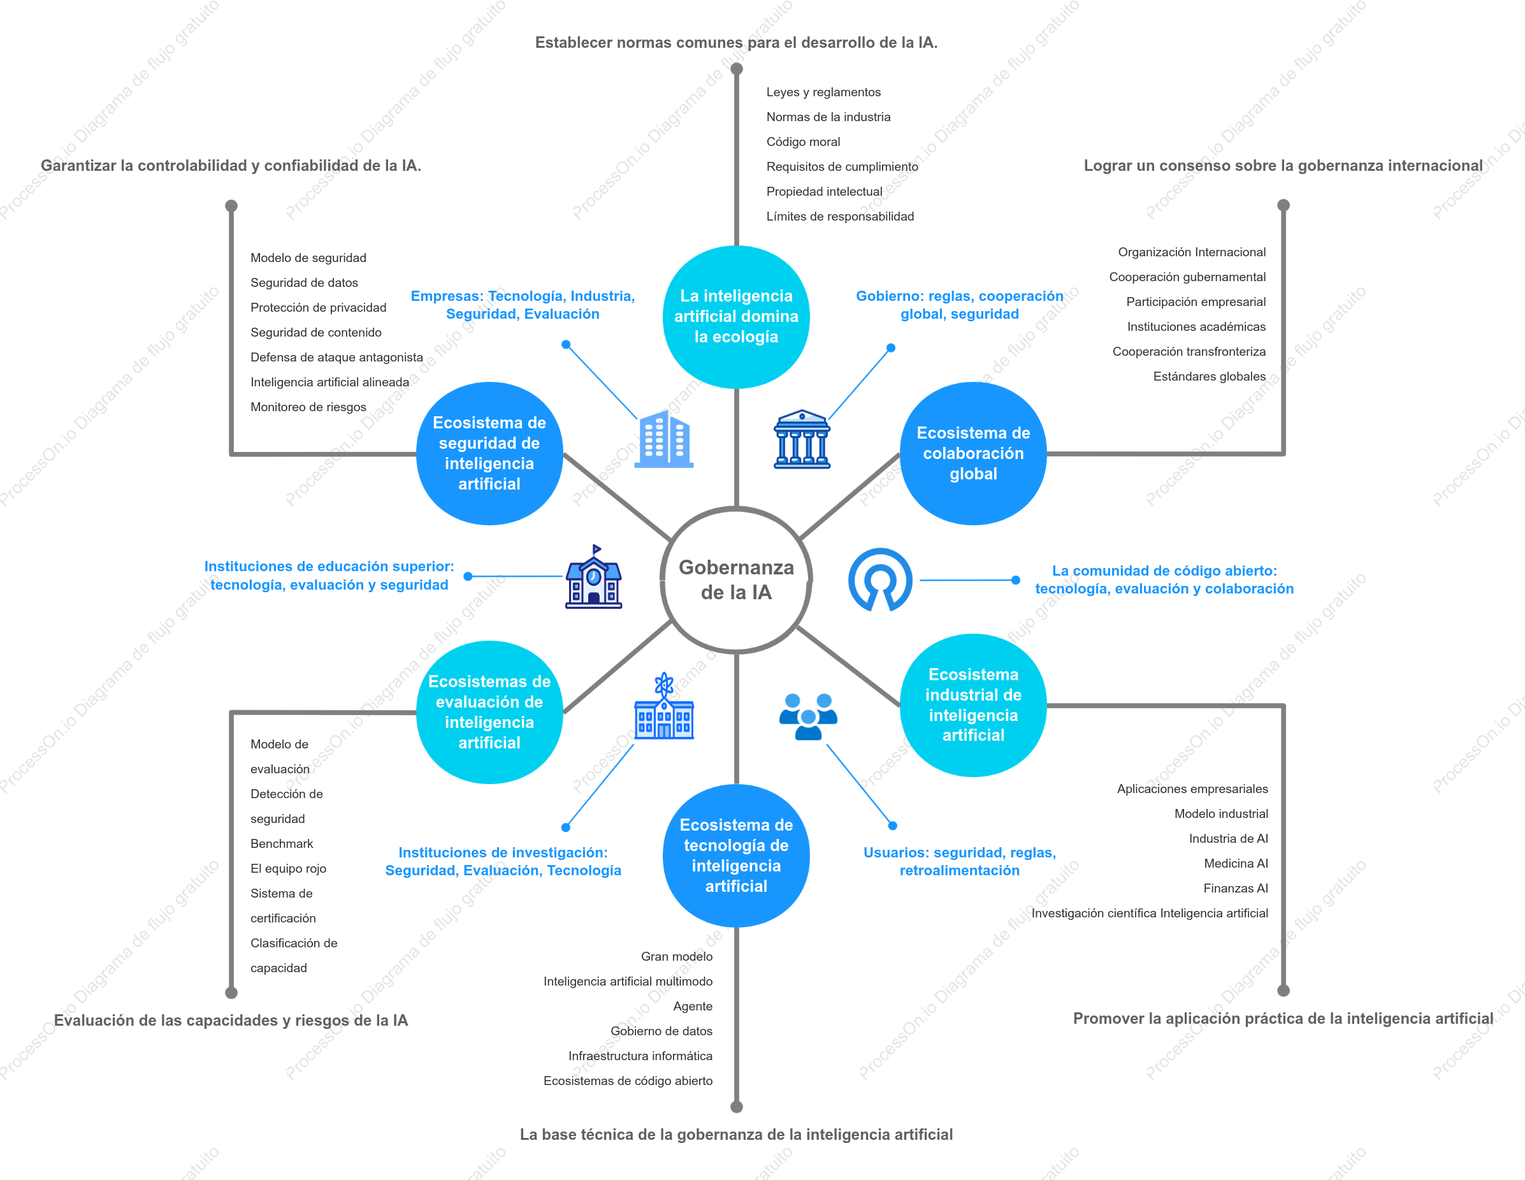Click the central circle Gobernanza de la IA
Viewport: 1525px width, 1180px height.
click(x=736, y=580)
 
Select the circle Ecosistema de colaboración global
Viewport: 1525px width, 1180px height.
click(x=972, y=453)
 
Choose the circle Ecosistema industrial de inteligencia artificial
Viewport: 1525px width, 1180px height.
click(x=972, y=705)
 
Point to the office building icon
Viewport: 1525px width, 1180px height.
click(x=663, y=439)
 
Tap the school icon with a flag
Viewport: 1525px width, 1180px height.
click(x=593, y=577)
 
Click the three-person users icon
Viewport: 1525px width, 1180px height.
click(x=808, y=717)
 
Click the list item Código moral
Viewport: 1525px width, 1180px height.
click(x=803, y=142)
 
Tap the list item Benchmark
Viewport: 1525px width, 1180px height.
click(x=282, y=843)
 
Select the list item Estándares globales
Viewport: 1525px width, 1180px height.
click(x=1209, y=377)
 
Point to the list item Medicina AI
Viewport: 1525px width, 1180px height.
click(x=1235, y=864)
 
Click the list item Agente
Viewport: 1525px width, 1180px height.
click(x=693, y=1006)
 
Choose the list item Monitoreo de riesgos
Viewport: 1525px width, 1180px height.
click(x=308, y=407)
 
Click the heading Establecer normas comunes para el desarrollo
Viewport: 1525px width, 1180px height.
click(x=736, y=43)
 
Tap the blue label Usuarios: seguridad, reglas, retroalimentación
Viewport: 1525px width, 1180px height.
click(x=959, y=861)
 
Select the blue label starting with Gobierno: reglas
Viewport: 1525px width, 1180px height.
click(x=959, y=305)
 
